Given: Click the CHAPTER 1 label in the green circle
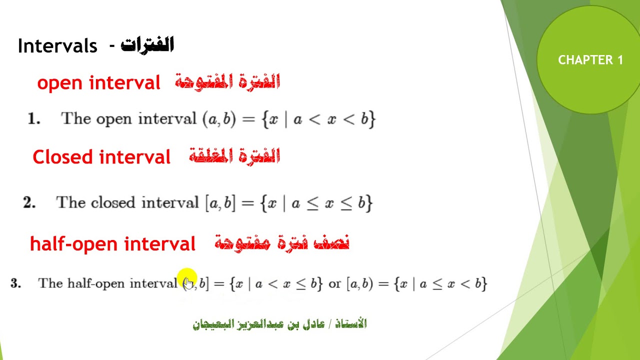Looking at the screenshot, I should tap(590, 60).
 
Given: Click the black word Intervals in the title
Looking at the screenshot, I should tap(57, 46).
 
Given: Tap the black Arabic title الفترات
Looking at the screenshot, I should tap(147, 45).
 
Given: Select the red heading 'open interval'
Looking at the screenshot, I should tap(98, 82).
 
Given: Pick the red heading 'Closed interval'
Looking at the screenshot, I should tap(101, 157).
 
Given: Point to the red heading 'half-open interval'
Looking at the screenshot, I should tap(112, 244).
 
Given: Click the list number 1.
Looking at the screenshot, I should tap(33, 119).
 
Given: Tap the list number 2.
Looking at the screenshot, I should tap(29, 202).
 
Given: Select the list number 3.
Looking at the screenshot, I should tap(15, 283).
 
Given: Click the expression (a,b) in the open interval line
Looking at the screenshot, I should tap(218, 119).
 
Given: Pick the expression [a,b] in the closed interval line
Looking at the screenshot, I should tap(220, 203).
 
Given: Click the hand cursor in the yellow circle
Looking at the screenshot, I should tap(188, 283).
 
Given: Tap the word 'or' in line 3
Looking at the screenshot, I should tap(334, 283).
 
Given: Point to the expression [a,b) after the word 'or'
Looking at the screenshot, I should tap(359, 283).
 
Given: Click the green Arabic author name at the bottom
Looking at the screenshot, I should tap(279, 324).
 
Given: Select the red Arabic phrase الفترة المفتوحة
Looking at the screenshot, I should tap(227, 82).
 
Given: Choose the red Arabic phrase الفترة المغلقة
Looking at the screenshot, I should tap(234, 156).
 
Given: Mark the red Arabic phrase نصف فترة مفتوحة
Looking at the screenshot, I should tap(282, 243).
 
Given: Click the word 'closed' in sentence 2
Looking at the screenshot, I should tap(113, 202).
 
